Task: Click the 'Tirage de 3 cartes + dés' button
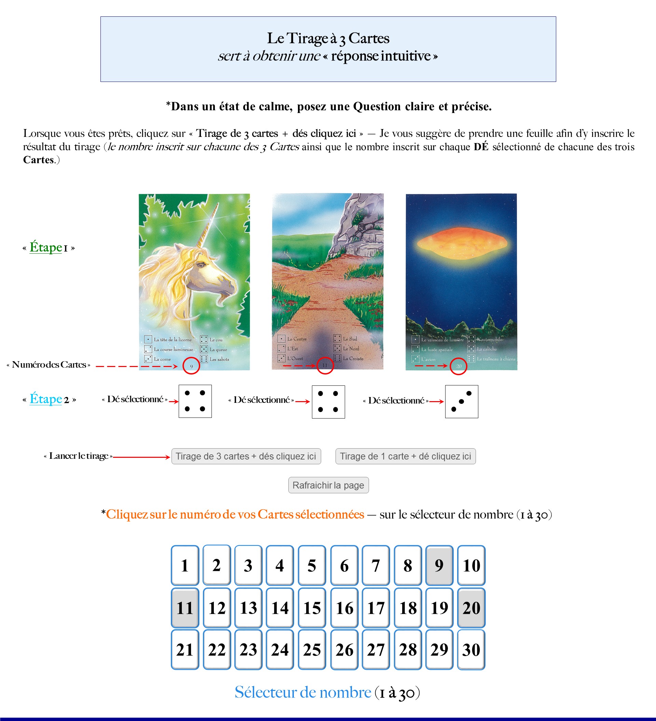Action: pyautogui.click(x=246, y=456)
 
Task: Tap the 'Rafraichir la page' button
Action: pyautogui.click(x=328, y=485)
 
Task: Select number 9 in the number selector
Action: pyautogui.click(x=439, y=565)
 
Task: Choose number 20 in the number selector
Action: pyautogui.click(x=471, y=608)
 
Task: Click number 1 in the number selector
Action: pyautogui.click(x=184, y=565)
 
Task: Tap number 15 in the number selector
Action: pyautogui.click(x=312, y=608)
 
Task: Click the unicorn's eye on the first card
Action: pyautogui.click(x=202, y=265)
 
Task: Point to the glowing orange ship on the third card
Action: pyautogui.click(x=462, y=243)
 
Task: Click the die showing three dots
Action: pyautogui.click(x=461, y=401)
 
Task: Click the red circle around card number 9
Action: pyautogui.click(x=191, y=366)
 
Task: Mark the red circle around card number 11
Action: pyautogui.click(x=325, y=366)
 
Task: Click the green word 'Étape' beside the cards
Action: pyautogui.click(x=46, y=248)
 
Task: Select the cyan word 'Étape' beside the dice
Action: pyautogui.click(x=46, y=399)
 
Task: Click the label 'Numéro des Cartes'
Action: pyautogui.click(x=49, y=365)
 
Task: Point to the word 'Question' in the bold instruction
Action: pyautogui.click(x=377, y=107)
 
